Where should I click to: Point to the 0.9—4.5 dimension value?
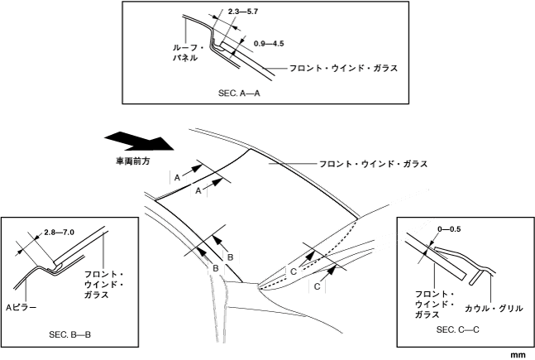[x=270, y=38]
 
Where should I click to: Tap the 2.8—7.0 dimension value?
[x=59, y=233]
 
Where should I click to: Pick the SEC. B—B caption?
[x=70, y=336]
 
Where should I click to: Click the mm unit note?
[x=518, y=354]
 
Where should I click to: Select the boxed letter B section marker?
[x=215, y=268]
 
